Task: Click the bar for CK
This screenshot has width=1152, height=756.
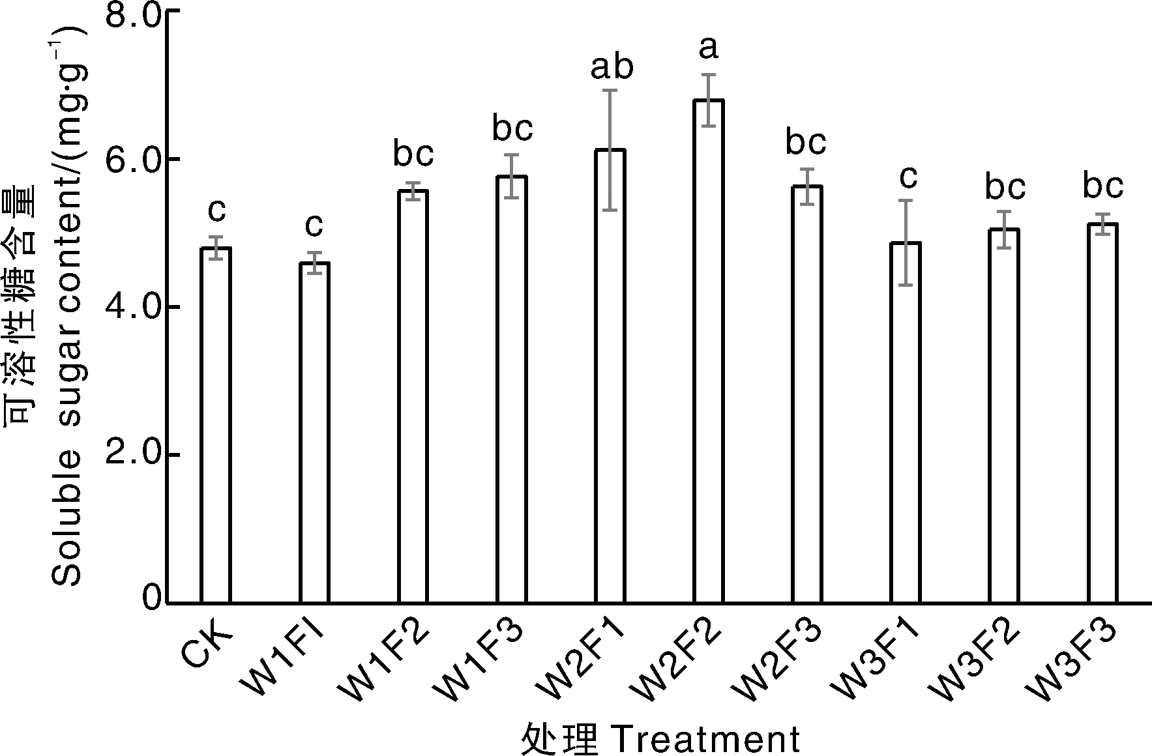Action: (216, 425)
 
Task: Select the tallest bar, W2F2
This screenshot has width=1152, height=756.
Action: (709, 351)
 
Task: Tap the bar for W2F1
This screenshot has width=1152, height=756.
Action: (610, 376)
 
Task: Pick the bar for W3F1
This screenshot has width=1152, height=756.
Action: (906, 422)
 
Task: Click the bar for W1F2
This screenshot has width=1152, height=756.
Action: (413, 396)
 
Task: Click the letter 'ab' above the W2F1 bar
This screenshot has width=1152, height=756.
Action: (612, 67)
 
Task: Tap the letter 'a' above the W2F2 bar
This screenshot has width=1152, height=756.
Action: (709, 48)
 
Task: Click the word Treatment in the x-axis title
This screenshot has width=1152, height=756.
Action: (707, 740)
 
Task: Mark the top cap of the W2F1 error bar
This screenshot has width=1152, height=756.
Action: (610, 90)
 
